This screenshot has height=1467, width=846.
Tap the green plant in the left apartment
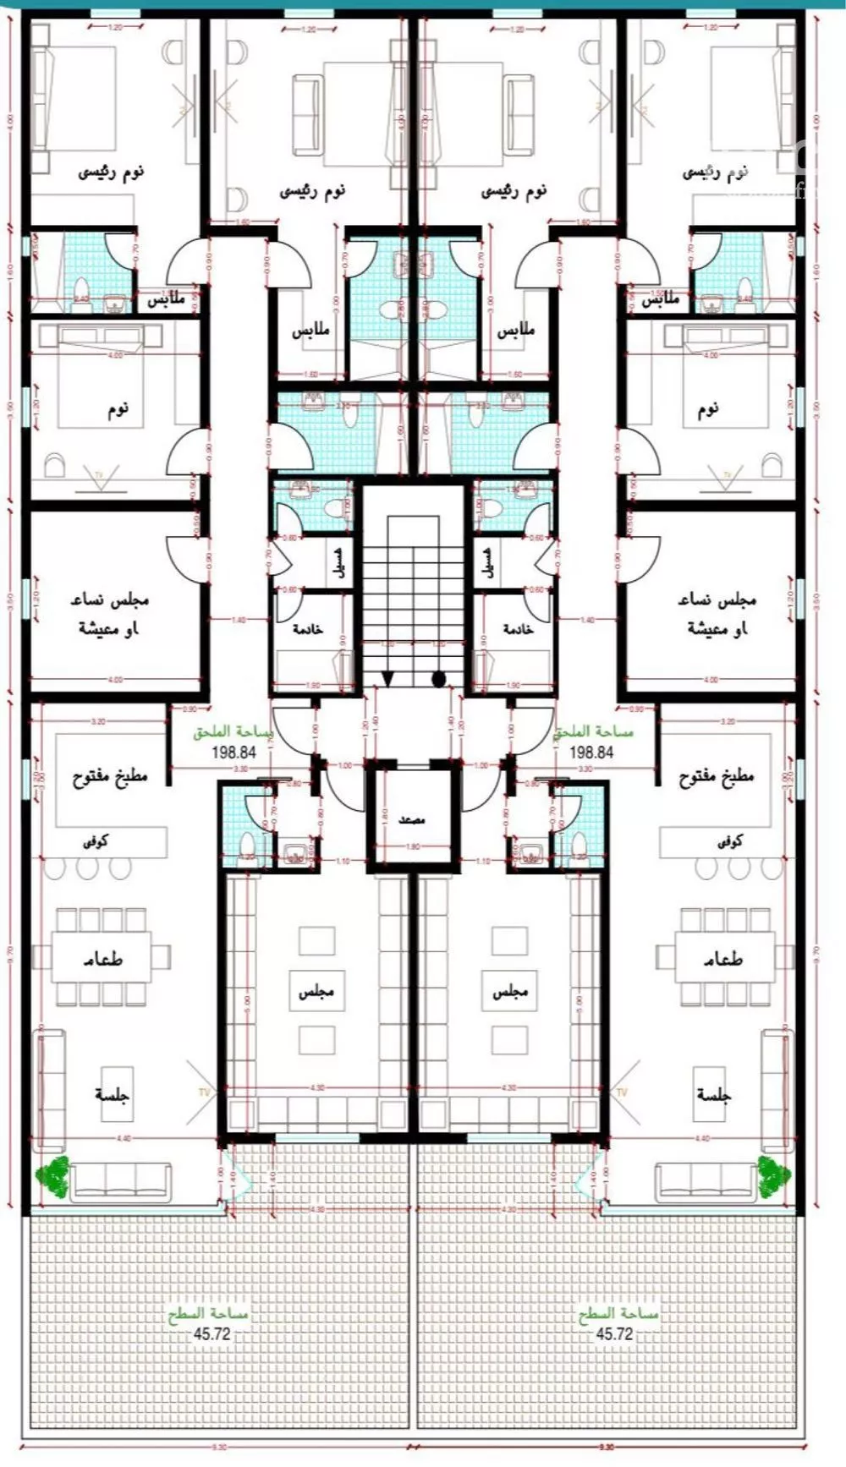(53, 1175)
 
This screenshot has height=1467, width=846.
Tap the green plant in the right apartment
(774, 1174)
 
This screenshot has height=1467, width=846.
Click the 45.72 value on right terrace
(615, 1333)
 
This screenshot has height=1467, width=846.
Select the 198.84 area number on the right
(591, 752)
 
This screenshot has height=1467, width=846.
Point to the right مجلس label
(510, 991)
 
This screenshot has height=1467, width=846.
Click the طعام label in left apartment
(103, 960)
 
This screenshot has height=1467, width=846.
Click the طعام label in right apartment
(723, 960)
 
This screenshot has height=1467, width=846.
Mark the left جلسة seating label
(113, 1094)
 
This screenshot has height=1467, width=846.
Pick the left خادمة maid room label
(307, 630)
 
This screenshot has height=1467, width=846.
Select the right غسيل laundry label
(488, 561)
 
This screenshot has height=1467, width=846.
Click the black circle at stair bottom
(438, 678)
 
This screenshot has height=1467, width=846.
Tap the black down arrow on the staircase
(387, 679)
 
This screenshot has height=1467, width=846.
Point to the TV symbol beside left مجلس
(203, 1092)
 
